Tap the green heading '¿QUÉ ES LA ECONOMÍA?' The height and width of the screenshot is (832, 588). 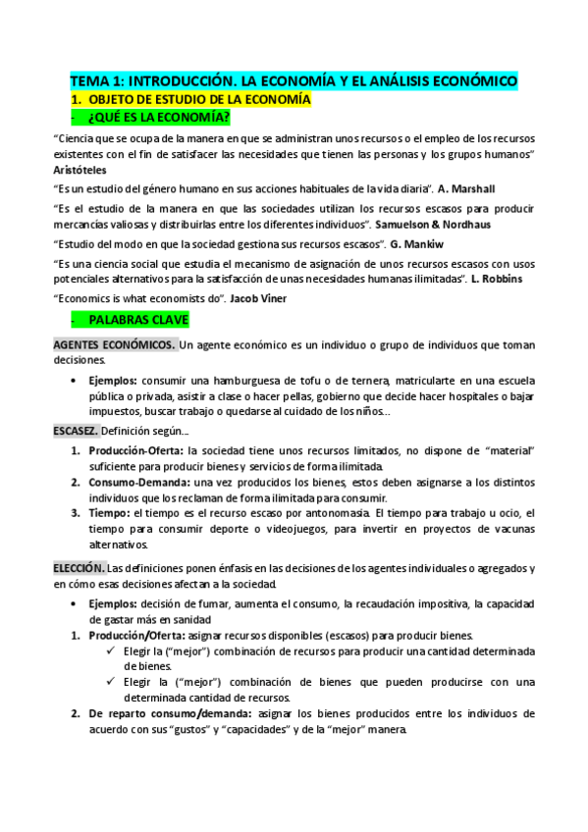click(159, 119)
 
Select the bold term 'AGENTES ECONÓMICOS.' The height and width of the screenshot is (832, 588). click(114, 345)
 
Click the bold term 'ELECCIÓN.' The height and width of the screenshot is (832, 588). click(79, 568)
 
